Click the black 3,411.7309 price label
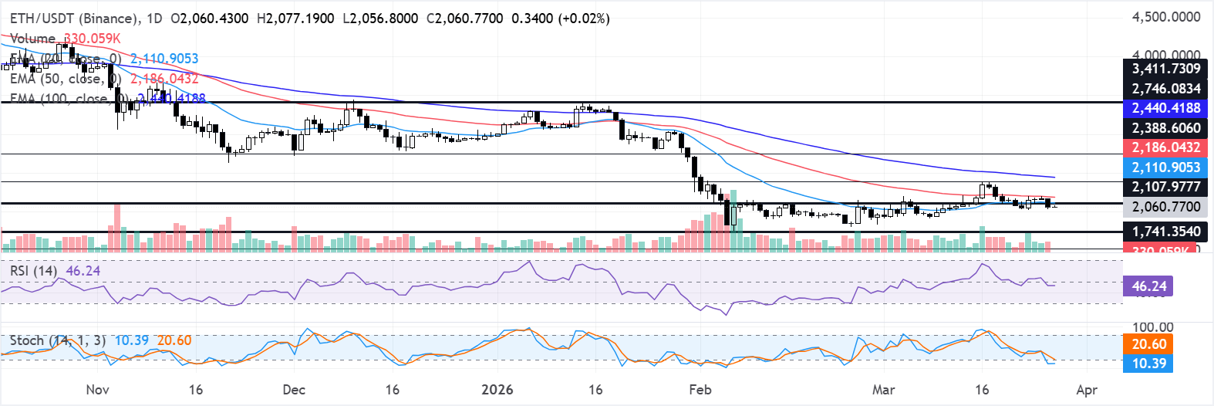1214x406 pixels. click(1165, 69)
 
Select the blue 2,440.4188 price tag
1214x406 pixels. click(1165, 108)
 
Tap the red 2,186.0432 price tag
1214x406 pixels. click(1165, 147)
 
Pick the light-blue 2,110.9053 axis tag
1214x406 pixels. click(1165, 167)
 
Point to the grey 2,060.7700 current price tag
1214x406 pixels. click(1165, 207)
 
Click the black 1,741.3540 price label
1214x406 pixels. click(1165, 232)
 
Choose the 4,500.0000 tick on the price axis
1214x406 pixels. click(1165, 17)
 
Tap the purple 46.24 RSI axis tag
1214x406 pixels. click(1148, 286)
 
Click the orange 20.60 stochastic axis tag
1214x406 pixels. click(1148, 344)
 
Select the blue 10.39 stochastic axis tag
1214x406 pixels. click(1148, 364)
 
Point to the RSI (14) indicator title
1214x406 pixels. click(33, 271)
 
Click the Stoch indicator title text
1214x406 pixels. click(27, 340)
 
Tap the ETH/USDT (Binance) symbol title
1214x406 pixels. click(75, 18)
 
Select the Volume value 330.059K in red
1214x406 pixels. click(92, 39)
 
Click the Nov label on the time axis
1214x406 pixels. click(97, 390)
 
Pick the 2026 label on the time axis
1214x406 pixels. click(497, 390)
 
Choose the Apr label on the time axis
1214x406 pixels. click(1086, 390)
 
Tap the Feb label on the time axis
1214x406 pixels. click(700, 390)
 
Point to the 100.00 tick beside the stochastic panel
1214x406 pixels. click(1152, 327)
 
